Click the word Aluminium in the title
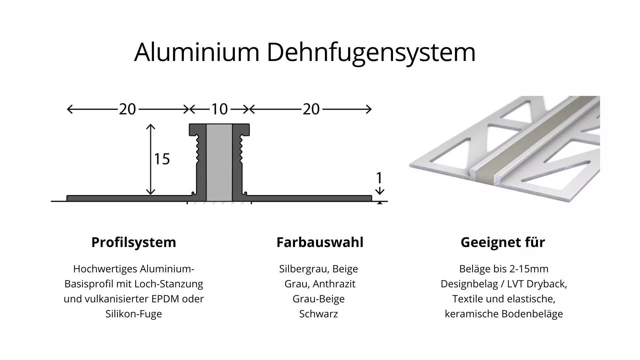click(197, 52)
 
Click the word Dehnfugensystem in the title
click(371, 53)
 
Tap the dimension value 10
click(219, 109)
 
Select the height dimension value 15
click(162, 159)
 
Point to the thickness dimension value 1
click(379, 178)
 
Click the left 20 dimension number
click(127, 109)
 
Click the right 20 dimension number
click(311, 109)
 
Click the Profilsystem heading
click(134, 242)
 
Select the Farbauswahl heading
click(320, 242)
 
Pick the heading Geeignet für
click(503, 242)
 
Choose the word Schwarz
click(318, 314)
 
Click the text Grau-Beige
click(318, 299)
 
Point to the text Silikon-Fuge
click(134, 314)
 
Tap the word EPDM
click(166, 299)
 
